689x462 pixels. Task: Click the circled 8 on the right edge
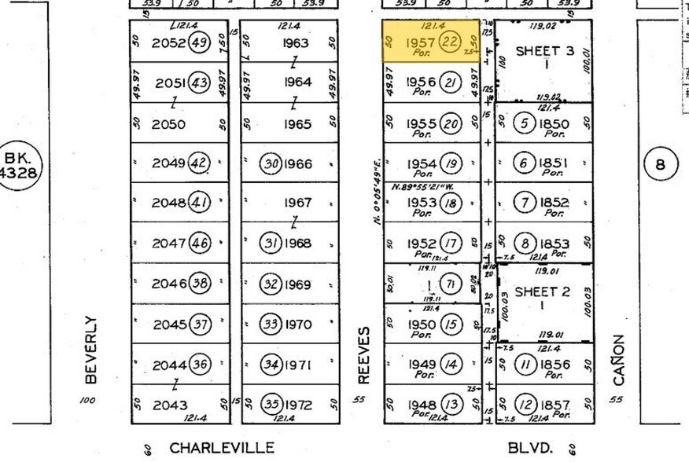[x=660, y=165]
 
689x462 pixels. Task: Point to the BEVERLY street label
[x=90, y=350]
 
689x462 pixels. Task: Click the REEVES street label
[x=363, y=356]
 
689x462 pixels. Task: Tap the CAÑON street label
[x=619, y=360]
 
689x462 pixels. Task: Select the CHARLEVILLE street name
[x=222, y=449]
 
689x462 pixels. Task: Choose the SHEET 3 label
[x=544, y=51]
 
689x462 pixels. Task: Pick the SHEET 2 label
[x=542, y=291]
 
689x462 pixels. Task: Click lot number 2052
[x=169, y=43]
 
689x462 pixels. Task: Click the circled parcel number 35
[x=272, y=405]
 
